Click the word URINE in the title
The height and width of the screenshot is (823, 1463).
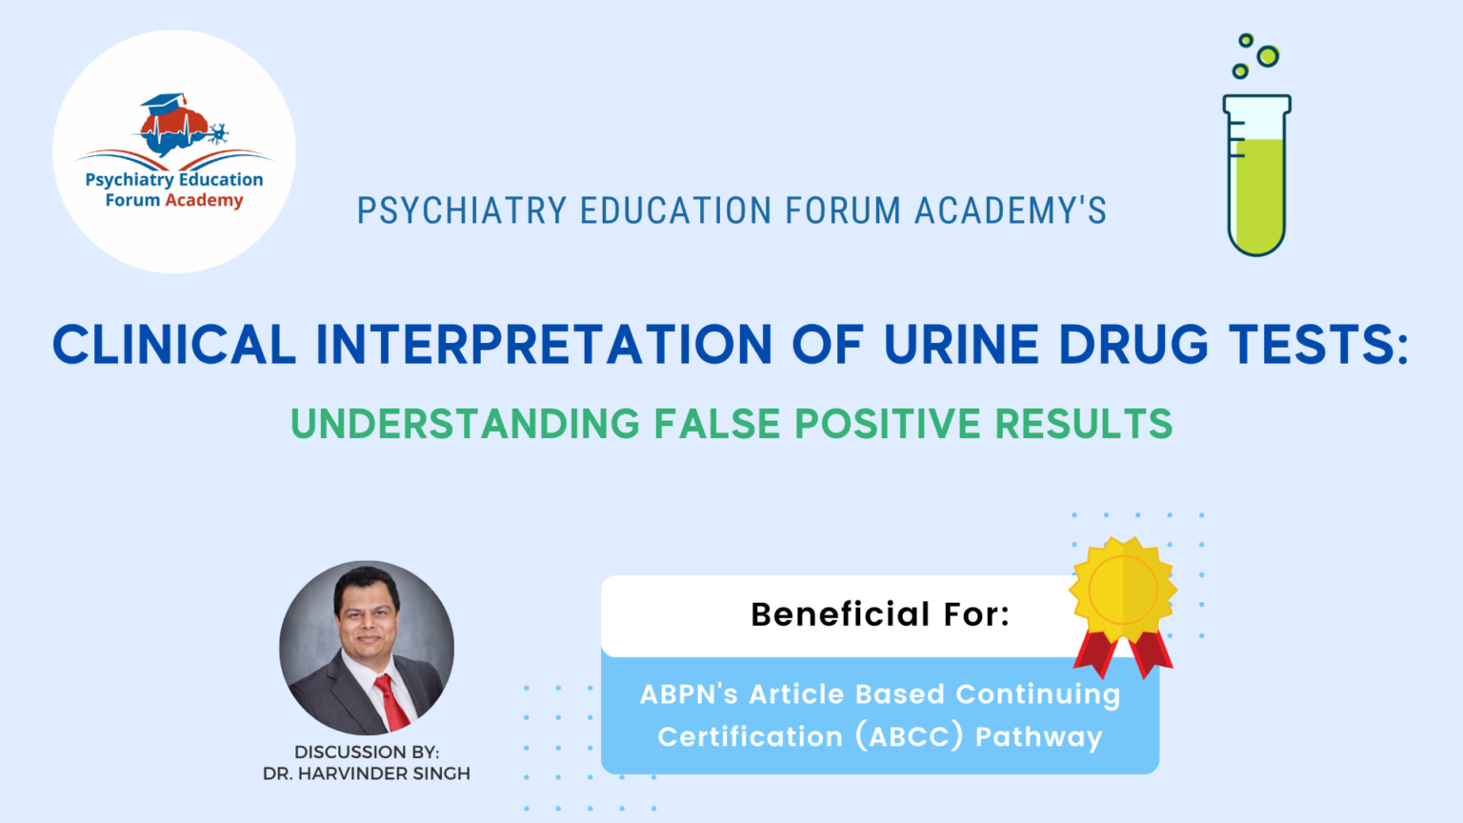pyautogui.click(x=961, y=344)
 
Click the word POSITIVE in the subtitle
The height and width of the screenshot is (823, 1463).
pyautogui.click(x=888, y=423)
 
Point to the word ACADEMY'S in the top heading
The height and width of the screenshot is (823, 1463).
pyautogui.click(x=1011, y=211)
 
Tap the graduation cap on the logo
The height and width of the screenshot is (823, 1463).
pyautogui.click(x=163, y=103)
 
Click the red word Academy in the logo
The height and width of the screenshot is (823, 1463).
pyautogui.click(x=204, y=200)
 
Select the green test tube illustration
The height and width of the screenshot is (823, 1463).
pyautogui.click(x=1256, y=175)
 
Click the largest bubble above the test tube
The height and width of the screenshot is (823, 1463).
pyautogui.click(x=1269, y=56)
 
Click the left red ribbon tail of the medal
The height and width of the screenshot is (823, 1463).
pyautogui.click(x=1095, y=653)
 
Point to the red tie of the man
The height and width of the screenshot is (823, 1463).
pyautogui.click(x=391, y=702)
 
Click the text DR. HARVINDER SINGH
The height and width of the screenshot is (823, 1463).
pyautogui.click(x=367, y=773)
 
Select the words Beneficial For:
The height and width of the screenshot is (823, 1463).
pyautogui.click(x=880, y=614)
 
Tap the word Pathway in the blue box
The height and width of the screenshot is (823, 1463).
pyautogui.click(x=1038, y=737)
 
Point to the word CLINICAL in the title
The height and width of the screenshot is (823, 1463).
pyautogui.click(x=174, y=344)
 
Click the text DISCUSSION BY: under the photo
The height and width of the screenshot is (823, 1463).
pyautogui.click(x=367, y=752)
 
